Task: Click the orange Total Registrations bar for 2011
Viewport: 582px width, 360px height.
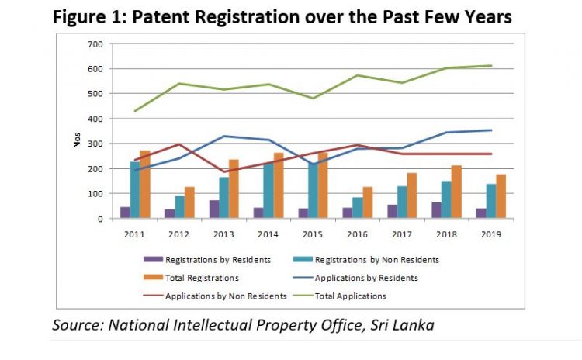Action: click(x=145, y=185)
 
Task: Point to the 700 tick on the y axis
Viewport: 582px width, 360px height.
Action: click(x=97, y=43)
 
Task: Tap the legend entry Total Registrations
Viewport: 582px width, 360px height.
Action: click(x=200, y=277)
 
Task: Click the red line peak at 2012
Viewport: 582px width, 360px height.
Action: click(x=179, y=144)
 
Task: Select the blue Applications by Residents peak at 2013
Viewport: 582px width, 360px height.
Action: click(x=224, y=137)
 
